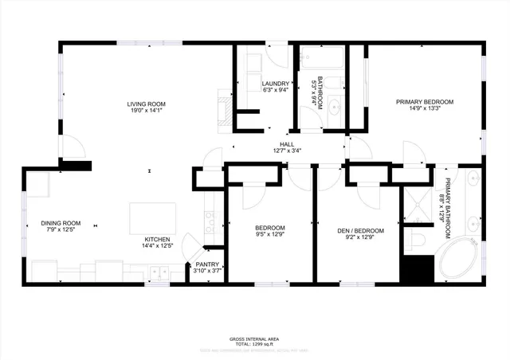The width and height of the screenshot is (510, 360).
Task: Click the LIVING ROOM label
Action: [x=146, y=104]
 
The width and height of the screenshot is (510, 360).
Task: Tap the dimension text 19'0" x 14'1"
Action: [x=146, y=112]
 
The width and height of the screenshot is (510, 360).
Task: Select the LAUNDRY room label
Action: [x=274, y=83]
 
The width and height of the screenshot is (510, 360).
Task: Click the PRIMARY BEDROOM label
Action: [x=425, y=102]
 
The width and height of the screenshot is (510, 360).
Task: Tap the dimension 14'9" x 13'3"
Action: [x=425, y=110]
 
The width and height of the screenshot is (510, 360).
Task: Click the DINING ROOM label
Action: [x=61, y=223]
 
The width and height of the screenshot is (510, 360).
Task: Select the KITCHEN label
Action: [x=156, y=239]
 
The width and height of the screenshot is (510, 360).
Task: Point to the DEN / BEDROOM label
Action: [x=360, y=231]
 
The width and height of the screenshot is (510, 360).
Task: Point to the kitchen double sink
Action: [x=158, y=272]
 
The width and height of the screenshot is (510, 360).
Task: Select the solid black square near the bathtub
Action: [x=415, y=268]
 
